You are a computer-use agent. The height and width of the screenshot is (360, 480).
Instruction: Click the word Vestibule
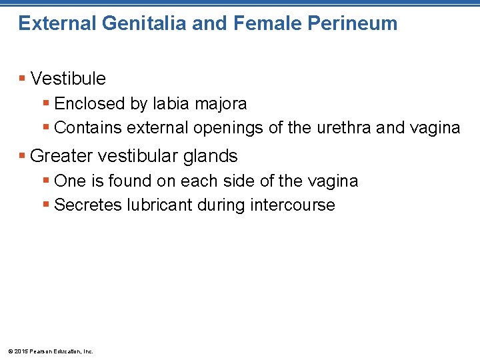(x=68, y=79)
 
